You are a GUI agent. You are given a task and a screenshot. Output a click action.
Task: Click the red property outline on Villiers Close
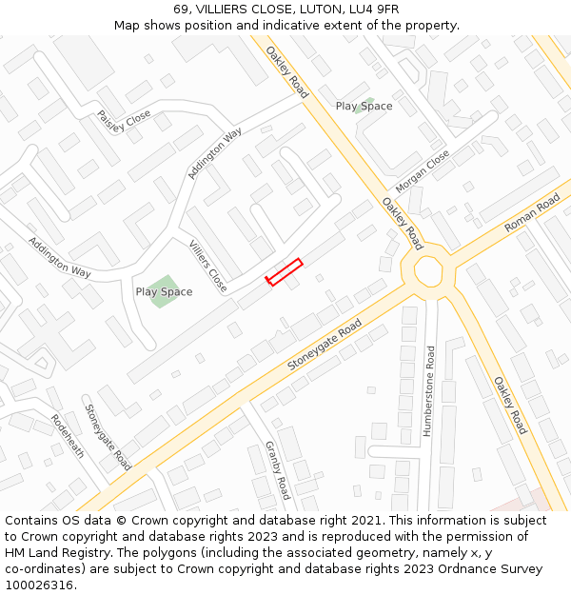[x=284, y=272]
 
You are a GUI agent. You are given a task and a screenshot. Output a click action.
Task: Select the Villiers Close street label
[x=207, y=266]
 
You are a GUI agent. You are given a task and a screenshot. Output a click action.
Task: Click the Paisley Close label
[x=124, y=122]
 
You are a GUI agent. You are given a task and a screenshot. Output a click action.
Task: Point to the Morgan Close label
[x=423, y=169]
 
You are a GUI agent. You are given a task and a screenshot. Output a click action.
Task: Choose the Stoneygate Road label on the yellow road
[x=325, y=346]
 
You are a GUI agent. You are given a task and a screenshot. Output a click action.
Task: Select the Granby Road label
[x=277, y=470]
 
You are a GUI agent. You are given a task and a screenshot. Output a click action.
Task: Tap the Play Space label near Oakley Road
[x=364, y=106]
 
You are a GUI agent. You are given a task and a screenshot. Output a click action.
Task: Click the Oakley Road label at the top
[x=286, y=72]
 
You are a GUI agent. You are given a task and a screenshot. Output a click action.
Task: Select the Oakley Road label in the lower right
[x=509, y=405]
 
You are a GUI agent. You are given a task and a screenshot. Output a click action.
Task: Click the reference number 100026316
[x=38, y=585]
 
